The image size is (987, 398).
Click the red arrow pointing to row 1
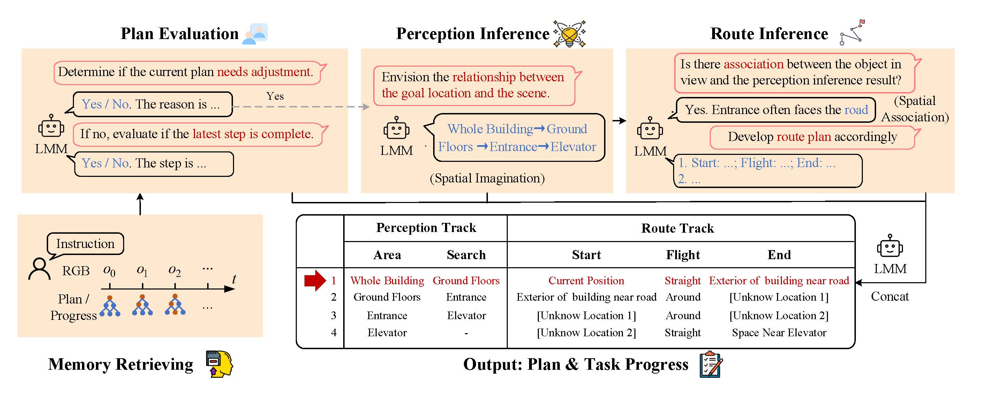[315, 280]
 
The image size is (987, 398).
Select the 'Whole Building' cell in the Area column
[387, 281]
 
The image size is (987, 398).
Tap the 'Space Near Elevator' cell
[779, 332]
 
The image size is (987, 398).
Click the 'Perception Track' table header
[426, 228]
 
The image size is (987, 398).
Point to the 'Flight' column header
[683, 255]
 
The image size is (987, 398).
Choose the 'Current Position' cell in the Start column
[586, 281]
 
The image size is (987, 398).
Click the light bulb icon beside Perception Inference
[570, 34]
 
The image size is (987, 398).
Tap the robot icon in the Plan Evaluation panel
[51, 126]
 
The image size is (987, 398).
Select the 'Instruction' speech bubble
[85, 243]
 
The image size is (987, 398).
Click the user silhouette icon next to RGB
[39, 269]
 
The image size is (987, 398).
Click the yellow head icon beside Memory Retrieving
[219, 364]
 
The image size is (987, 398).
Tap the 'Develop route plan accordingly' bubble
[812, 137]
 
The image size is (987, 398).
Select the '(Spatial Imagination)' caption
[487, 178]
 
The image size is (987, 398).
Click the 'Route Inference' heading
[769, 34]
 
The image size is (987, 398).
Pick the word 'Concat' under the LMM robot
[890, 296]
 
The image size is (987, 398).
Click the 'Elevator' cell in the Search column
[466, 315]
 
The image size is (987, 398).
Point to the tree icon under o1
[143, 305]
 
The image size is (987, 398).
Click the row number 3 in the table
[333, 315]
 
